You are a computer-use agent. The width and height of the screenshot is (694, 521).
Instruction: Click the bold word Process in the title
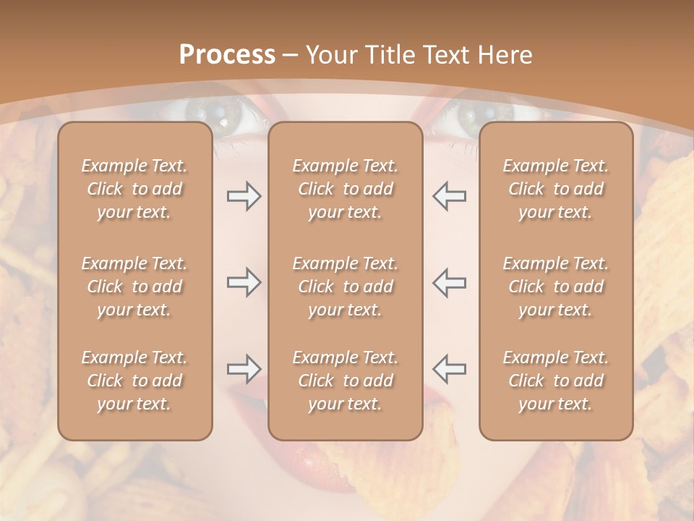tap(227, 55)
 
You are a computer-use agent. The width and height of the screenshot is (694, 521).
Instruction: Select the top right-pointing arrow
tap(244, 196)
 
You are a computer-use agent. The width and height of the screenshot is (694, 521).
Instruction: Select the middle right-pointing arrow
tap(244, 282)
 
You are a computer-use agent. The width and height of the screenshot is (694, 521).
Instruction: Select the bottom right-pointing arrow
tap(244, 369)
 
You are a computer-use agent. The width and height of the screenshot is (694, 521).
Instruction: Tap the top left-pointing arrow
tap(450, 196)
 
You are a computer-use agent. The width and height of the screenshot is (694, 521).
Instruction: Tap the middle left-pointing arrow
tap(450, 282)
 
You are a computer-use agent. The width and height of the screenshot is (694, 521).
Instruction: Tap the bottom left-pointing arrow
tap(450, 369)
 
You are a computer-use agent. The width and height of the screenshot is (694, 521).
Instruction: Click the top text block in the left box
tap(134, 189)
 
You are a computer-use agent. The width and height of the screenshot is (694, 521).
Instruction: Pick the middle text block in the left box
tap(134, 287)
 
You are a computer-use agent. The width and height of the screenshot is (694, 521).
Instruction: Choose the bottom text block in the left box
tap(134, 381)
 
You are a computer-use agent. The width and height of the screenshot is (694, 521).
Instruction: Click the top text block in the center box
tap(346, 189)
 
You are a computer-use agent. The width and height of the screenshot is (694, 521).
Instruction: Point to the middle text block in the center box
tap(346, 287)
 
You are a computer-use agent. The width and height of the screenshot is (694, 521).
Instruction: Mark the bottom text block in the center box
tap(346, 381)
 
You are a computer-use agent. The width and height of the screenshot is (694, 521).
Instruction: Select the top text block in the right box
tap(556, 189)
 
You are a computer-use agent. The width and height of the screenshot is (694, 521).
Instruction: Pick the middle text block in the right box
tap(556, 287)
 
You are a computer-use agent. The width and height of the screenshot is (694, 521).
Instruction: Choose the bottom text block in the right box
tap(556, 381)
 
